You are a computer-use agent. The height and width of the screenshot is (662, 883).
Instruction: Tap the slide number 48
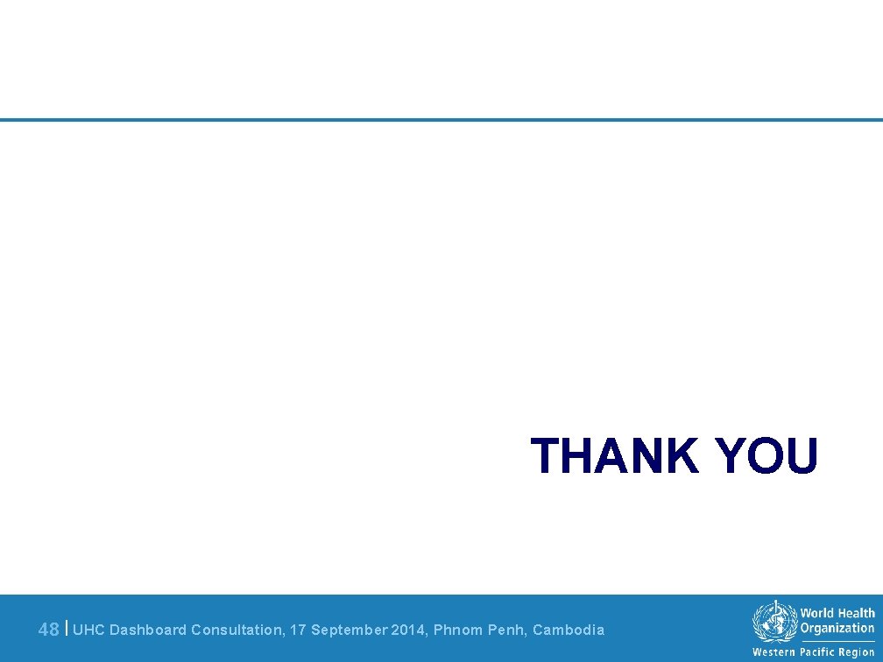click(49, 630)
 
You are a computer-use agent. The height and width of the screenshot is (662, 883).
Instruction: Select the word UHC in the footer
click(88, 630)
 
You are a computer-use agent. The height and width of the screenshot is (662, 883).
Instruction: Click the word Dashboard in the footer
click(148, 630)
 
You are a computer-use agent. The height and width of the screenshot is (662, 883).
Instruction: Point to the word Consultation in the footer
click(237, 630)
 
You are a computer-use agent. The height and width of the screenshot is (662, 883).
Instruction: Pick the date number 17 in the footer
click(299, 630)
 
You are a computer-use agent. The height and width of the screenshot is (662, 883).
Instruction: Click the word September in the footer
click(350, 630)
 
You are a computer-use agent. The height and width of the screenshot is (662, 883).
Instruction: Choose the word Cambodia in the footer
click(569, 630)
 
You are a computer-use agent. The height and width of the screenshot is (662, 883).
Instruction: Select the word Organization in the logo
click(837, 628)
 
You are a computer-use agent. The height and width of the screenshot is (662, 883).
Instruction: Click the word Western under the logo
click(774, 652)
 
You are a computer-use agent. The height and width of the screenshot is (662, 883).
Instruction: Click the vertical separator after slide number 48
click(67, 628)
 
